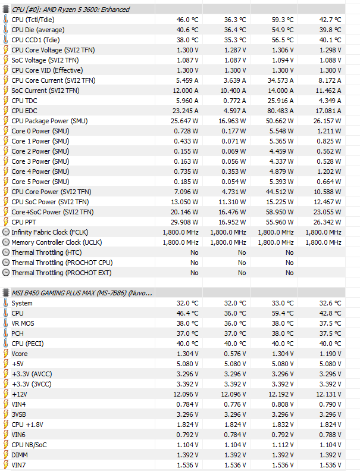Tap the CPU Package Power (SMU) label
pos(49,121)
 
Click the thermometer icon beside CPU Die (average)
pos(6,30)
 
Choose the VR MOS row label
pos(24,323)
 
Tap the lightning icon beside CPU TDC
pos(6,101)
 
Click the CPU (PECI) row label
pos(27,344)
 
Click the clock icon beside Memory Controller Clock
pos(6,242)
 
